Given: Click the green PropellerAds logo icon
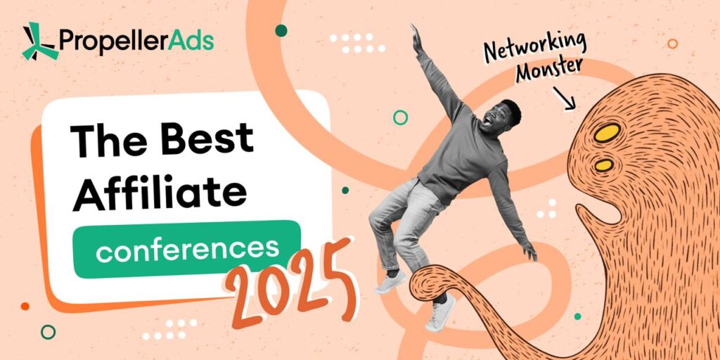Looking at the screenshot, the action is pyautogui.click(x=40, y=41).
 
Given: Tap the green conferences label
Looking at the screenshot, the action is pyautogui.click(x=187, y=250).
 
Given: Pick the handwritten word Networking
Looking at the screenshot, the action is pyautogui.click(x=535, y=47).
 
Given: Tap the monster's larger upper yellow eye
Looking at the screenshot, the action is pyautogui.click(x=607, y=132).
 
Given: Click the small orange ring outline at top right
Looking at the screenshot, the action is pyautogui.click(x=673, y=44).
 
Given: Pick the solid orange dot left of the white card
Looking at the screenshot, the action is pyautogui.click(x=25, y=306).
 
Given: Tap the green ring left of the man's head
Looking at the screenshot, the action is pyautogui.click(x=400, y=117).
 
